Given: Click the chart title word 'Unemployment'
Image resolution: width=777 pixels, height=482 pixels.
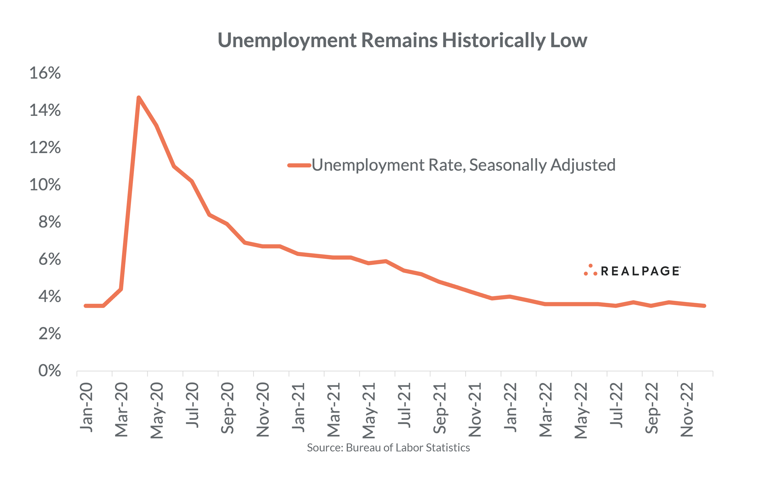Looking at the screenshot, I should coord(287,41).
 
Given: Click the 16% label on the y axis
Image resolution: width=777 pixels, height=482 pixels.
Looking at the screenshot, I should coord(45,73).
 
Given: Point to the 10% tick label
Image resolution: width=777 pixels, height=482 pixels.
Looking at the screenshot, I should coord(45,185).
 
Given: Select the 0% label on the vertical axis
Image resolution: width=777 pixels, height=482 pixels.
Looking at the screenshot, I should coord(50,371).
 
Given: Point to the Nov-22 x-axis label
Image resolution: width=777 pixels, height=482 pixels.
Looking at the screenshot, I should coord(686,410).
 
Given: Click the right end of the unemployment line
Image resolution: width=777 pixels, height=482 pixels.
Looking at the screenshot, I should coord(704,306).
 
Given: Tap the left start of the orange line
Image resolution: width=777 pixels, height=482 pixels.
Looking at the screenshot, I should coord(85,306).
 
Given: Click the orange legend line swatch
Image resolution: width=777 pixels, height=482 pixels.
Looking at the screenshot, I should coord(299,165).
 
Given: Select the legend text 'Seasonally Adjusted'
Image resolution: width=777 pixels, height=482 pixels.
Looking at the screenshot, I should coord(542,165).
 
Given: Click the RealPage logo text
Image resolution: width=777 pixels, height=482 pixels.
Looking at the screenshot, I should coord(640,271).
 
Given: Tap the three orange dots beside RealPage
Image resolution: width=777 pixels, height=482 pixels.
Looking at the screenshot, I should coord(590,270).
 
